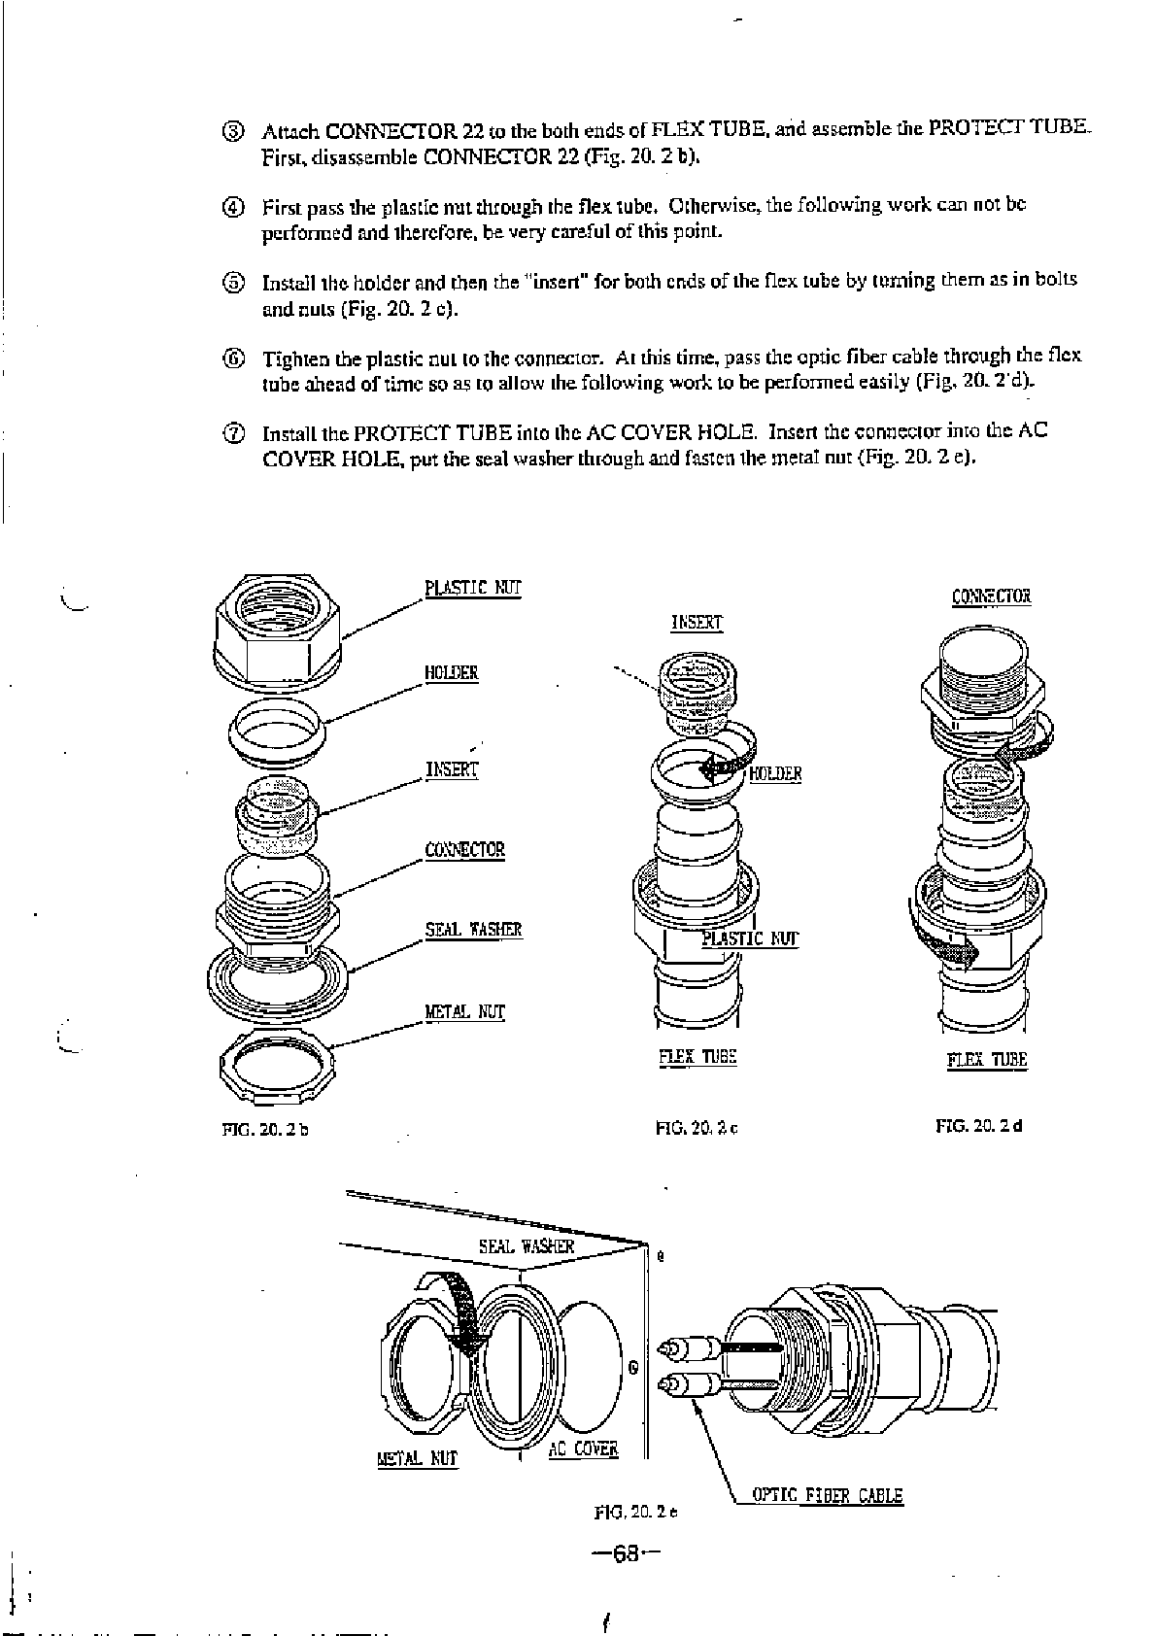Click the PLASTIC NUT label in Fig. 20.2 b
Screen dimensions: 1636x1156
[473, 588]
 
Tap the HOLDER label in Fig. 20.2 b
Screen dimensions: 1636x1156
[452, 673]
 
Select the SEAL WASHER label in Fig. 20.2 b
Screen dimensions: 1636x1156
[473, 930]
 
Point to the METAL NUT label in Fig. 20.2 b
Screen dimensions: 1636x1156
[465, 1012]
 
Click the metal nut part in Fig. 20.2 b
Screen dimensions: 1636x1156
[277, 1062]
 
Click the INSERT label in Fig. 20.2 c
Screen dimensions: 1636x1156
[697, 623]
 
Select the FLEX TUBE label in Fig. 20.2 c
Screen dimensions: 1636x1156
[697, 1057]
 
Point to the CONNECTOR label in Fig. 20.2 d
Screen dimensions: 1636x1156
[992, 596]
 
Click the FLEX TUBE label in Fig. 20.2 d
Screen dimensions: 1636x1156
[987, 1060]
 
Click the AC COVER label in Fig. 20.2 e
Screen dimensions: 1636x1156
[583, 1449]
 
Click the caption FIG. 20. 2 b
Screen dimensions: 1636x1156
[265, 1129]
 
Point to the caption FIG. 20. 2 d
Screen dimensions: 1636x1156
[979, 1126]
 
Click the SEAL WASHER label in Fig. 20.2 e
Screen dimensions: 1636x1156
[527, 1246]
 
